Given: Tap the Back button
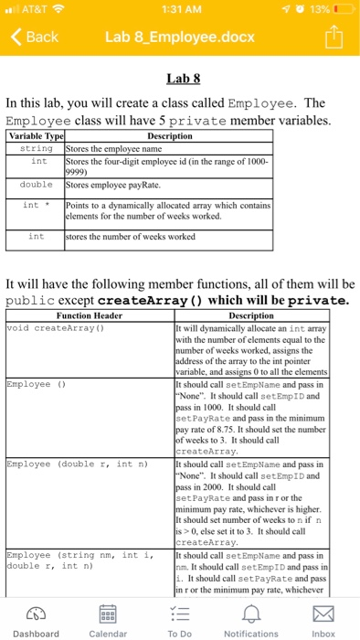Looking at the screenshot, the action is pos(35,37).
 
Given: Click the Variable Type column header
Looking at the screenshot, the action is pos(35,136).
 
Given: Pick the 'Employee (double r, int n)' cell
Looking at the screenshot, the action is pos(71,464).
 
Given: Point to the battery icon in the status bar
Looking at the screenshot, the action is pos(344,10).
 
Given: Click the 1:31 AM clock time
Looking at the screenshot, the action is pos(180,10).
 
